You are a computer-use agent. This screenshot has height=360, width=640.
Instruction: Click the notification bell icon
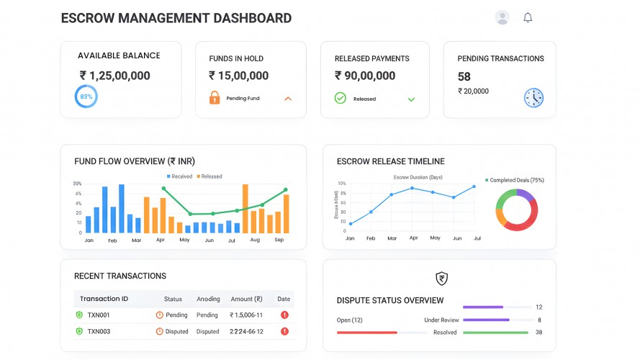click(528, 17)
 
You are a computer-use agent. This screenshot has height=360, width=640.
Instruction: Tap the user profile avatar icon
click(502, 17)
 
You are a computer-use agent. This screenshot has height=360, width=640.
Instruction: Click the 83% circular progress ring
click(86, 96)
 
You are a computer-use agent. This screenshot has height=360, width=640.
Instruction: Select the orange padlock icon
click(215, 98)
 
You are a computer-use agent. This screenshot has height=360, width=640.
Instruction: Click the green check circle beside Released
click(341, 98)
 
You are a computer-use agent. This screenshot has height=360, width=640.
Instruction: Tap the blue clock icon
click(533, 98)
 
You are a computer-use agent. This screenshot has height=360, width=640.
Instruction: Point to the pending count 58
click(464, 76)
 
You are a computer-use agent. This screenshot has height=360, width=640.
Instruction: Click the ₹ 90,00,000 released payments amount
click(365, 76)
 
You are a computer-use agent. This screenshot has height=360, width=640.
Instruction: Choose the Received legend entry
click(179, 176)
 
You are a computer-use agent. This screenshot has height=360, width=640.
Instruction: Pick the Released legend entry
click(209, 176)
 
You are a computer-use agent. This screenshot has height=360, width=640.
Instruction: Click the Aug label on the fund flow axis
click(255, 240)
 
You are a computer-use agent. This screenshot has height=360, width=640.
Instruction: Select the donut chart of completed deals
click(516, 210)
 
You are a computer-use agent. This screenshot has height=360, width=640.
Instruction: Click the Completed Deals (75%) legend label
click(516, 180)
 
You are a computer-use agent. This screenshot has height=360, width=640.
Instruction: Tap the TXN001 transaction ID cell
click(98, 315)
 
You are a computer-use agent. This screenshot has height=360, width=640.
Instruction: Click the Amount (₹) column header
click(246, 299)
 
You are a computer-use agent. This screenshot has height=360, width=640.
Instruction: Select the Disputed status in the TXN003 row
click(172, 331)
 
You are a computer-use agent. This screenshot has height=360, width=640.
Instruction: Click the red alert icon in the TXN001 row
click(284, 315)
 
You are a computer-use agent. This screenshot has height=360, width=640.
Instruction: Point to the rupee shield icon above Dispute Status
click(441, 279)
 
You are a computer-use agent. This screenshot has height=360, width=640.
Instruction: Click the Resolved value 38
click(538, 332)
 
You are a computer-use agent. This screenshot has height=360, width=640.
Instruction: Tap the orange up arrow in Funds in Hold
click(288, 98)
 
